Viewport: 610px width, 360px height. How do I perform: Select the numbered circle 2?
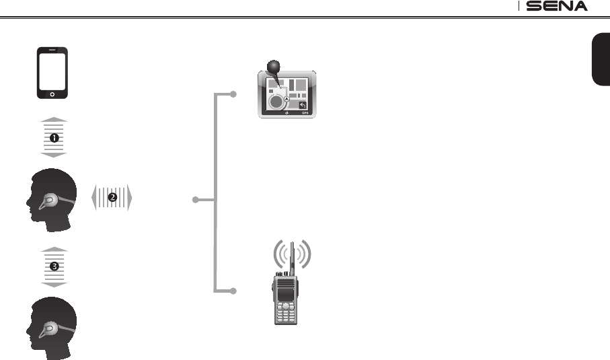pyautogui.click(x=112, y=198)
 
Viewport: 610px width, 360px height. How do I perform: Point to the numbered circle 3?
pyautogui.click(x=54, y=266)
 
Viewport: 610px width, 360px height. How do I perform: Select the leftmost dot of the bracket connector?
pyautogui.click(x=195, y=200)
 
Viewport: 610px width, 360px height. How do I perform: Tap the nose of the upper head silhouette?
pyautogui.click(x=28, y=201)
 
